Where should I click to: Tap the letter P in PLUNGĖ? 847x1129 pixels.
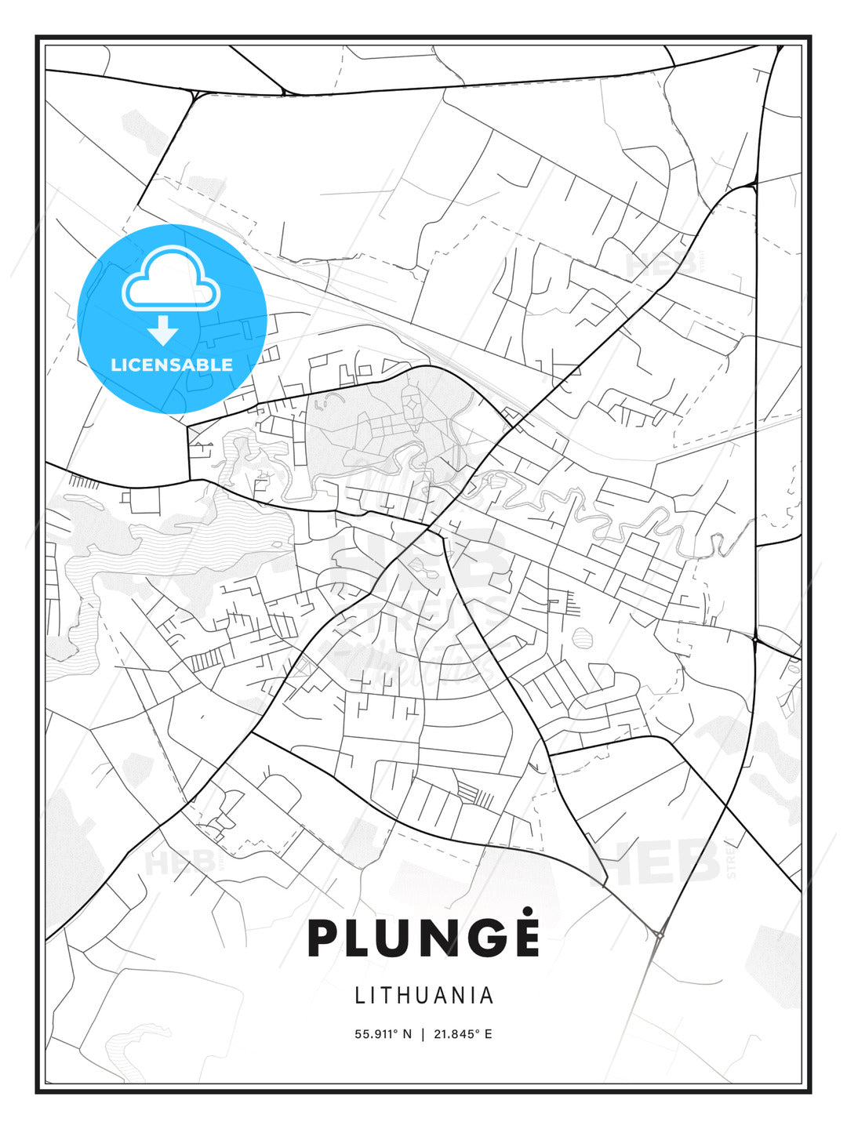[323, 938]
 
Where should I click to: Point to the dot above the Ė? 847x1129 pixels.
[527, 911]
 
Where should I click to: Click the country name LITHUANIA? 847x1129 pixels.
[423, 996]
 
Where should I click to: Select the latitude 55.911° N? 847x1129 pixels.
[383, 1034]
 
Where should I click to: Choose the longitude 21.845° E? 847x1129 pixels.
[463, 1034]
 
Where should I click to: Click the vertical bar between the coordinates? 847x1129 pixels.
[423, 1034]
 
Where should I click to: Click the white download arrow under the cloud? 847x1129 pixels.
[163, 331]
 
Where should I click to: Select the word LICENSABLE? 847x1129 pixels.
[172, 365]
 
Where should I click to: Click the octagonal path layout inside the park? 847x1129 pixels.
[412, 406]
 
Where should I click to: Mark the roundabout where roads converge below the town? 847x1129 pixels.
[660, 934]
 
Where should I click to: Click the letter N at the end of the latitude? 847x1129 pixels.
[407, 1034]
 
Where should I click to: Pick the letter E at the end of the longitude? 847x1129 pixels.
[489, 1034]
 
